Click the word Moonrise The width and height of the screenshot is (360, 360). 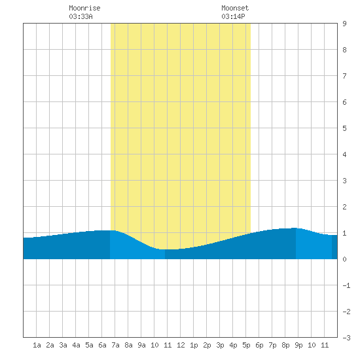(x=84, y=8)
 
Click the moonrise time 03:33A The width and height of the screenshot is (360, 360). (x=81, y=16)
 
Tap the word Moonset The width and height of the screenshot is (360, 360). (x=235, y=8)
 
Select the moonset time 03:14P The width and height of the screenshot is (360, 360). (x=233, y=16)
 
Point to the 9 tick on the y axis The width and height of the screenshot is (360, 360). (x=344, y=24)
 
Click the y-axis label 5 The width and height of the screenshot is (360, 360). (x=344, y=128)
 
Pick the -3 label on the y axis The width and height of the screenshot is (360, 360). (x=346, y=338)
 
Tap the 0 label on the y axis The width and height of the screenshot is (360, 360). (x=344, y=259)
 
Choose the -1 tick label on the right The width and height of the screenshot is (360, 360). (x=346, y=285)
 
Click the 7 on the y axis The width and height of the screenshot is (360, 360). (x=344, y=76)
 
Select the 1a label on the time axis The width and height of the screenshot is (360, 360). (x=37, y=345)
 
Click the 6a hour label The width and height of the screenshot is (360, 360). (x=102, y=345)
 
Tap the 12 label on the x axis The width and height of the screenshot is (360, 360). (x=181, y=345)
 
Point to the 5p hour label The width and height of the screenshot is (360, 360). (x=246, y=345)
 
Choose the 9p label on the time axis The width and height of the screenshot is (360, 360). (x=298, y=345)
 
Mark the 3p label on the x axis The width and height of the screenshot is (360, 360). (x=220, y=345)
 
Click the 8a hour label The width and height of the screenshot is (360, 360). (x=128, y=345)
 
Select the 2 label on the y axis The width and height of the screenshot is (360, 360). (x=344, y=207)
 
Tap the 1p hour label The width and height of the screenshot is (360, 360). (x=194, y=345)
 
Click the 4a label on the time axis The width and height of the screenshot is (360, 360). (x=76, y=345)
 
